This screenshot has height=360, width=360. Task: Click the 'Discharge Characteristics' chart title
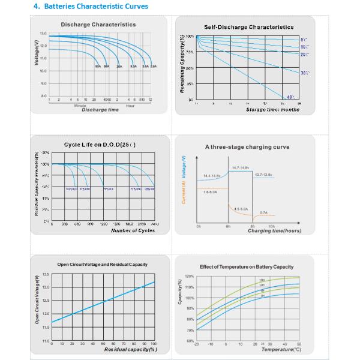(98, 25)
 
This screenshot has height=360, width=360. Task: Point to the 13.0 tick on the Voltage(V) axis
(43, 33)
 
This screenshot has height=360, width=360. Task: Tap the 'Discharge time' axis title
(100, 110)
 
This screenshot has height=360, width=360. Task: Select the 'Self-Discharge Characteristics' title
(248, 27)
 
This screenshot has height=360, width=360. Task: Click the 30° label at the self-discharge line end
(304, 73)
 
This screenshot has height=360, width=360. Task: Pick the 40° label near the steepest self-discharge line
(290, 97)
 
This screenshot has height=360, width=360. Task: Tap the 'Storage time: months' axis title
(273, 110)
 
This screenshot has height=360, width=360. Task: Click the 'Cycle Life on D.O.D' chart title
(99, 145)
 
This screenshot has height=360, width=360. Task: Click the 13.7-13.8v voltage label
(263, 175)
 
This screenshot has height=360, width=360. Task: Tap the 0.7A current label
(263, 212)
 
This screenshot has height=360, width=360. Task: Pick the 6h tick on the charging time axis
(228, 226)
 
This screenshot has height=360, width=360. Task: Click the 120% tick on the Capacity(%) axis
(190, 277)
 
